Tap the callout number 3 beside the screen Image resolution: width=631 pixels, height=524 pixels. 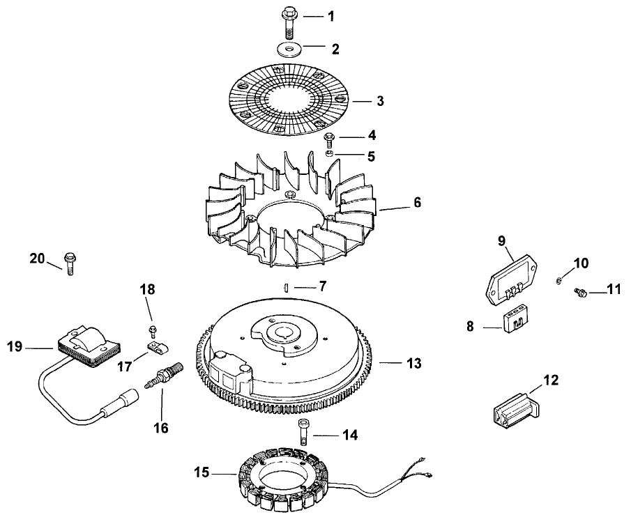380,101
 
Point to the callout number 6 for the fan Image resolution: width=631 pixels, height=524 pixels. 417,203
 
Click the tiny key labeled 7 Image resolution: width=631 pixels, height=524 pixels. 286,286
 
